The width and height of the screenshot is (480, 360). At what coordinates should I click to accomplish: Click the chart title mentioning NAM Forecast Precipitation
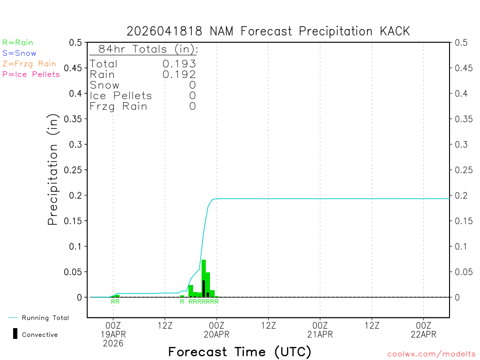pos(268,31)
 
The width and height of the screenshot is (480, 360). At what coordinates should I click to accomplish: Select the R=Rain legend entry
pos(18,43)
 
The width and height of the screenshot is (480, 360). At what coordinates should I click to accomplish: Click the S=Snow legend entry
pos(19,53)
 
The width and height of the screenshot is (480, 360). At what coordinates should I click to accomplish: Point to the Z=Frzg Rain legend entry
pos(29,64)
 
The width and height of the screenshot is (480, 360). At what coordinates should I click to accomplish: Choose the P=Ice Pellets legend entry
pos(31,74)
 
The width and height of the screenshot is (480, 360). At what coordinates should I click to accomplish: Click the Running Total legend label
pos(45,318)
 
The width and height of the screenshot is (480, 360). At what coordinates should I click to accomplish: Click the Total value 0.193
pos(179,64)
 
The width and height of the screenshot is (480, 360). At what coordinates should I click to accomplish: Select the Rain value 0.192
pos(179,74)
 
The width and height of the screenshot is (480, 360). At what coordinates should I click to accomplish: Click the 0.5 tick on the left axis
pos(75,43)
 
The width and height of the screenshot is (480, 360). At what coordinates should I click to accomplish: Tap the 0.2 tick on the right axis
pos(461,195)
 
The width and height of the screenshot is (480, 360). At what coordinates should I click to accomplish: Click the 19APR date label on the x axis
pos(113,334)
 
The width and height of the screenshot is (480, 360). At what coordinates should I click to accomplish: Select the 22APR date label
pos(423,334)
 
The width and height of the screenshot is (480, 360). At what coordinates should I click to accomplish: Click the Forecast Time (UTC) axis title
pos(240,352)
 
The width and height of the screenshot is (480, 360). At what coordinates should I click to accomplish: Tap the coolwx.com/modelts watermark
pos(431,354)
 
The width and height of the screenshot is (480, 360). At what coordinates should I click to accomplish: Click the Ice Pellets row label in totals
pos(121,96)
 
